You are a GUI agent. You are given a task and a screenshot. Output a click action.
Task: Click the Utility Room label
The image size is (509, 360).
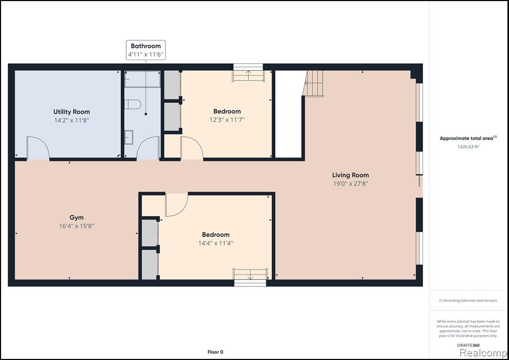click(72, 112)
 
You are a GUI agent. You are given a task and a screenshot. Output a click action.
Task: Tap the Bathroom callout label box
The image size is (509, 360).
click(146, 50)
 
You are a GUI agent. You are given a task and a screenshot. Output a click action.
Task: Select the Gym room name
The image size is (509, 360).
click(77, 218)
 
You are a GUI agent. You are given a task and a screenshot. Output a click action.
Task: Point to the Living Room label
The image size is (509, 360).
click(350, 176)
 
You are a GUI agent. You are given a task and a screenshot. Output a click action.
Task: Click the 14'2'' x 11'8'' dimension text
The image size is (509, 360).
click(72, 120)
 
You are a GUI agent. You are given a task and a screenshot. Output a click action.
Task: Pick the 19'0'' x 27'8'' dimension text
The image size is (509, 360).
click(350, 184)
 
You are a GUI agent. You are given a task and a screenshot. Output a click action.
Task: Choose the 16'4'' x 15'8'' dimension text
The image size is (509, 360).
click(77, 226)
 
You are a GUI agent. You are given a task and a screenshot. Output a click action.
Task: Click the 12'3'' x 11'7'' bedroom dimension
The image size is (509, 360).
click(227, 120)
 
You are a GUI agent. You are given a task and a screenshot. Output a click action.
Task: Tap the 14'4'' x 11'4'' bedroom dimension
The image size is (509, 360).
click(216, 243)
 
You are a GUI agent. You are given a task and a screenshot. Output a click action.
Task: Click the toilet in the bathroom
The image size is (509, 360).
click(133, 104)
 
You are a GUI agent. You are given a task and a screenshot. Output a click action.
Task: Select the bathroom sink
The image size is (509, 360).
click(129, 137)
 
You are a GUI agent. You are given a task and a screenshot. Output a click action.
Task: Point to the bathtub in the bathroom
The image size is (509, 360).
click(143, 79)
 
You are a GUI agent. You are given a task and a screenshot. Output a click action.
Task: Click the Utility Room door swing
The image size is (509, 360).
click(38, 148)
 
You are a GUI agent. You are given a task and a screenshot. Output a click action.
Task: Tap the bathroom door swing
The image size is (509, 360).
click(148, 148)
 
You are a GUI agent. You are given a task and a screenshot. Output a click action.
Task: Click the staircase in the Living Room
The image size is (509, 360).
click(313, 84)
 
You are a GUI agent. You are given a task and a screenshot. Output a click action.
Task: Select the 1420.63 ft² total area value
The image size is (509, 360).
click(468, 147)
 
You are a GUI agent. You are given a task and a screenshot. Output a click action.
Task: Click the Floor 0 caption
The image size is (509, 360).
click(215, 352)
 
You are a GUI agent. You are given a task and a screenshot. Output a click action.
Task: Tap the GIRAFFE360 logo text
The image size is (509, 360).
click(468, 345)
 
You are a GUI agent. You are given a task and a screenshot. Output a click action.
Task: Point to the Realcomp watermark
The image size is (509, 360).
click(483, 353)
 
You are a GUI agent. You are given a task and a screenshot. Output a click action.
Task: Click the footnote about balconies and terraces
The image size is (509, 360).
click(468, 301)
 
